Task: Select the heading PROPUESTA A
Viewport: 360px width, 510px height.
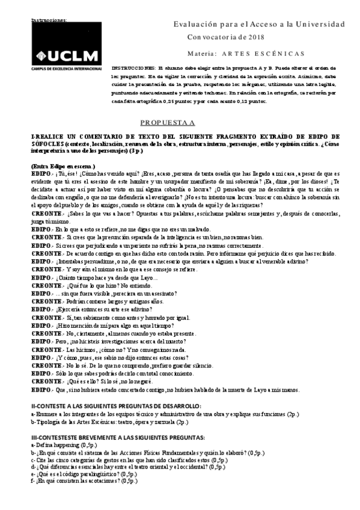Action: click(163, 123)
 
